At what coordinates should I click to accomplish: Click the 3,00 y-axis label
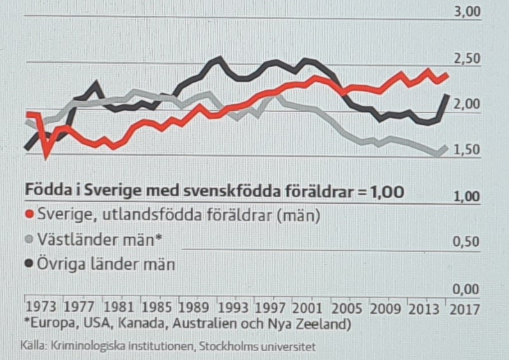tap(466, 12)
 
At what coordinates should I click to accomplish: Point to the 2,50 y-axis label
tap(466, 59)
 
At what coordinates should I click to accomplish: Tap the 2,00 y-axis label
tap(466, 104)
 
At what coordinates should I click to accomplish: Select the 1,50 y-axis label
tap(466, 150)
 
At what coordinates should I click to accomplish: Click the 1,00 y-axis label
tap(466, 196)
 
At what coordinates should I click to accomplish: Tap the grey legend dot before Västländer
tap(29, 240)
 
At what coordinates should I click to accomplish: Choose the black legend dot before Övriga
tap(29, 264)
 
